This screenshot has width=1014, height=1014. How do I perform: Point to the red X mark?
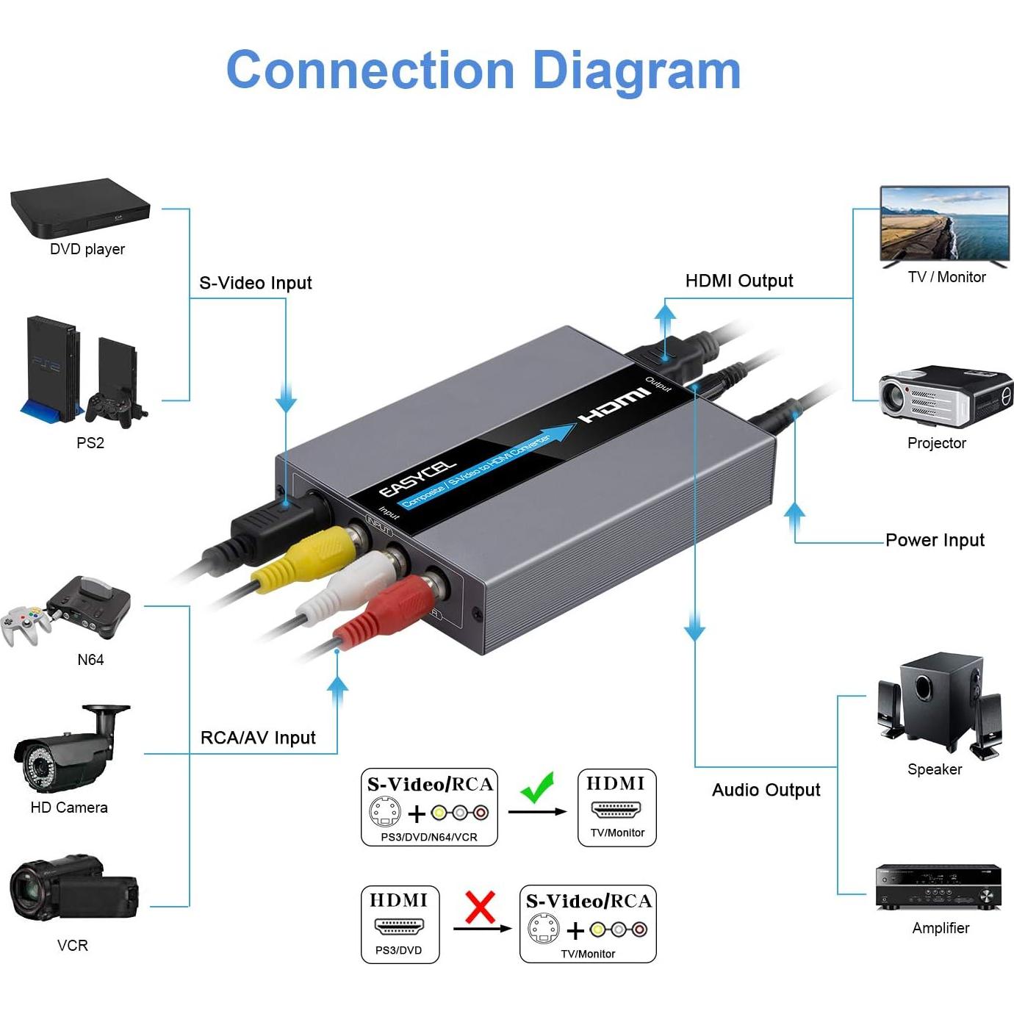[480, 907]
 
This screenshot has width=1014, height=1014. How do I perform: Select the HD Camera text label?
[69, 808]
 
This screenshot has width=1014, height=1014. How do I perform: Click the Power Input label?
[934, 540]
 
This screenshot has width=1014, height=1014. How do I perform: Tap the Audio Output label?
[766, 790]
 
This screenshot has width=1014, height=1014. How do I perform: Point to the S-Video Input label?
[255, 283]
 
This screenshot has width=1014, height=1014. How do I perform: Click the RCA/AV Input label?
[258, 738]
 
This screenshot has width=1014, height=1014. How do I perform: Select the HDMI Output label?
[738, 281]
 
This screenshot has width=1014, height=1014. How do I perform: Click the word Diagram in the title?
[636, 71]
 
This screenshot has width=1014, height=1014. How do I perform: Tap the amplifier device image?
[938, 887]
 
